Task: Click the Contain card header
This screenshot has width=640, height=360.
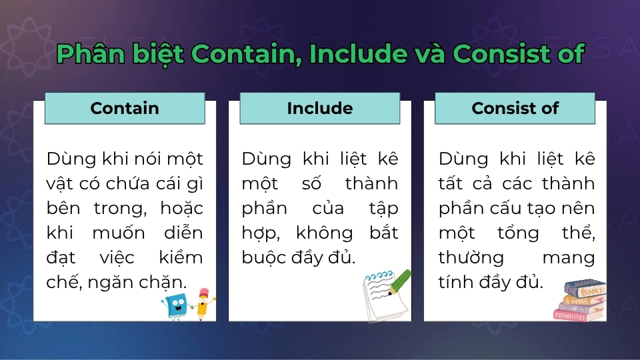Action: (125, 108)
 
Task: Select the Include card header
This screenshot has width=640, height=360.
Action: (320, 108)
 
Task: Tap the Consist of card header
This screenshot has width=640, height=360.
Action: (515, 108)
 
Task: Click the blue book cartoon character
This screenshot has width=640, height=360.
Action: (175, 306)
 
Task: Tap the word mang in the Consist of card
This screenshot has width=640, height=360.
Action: (569, 257)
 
